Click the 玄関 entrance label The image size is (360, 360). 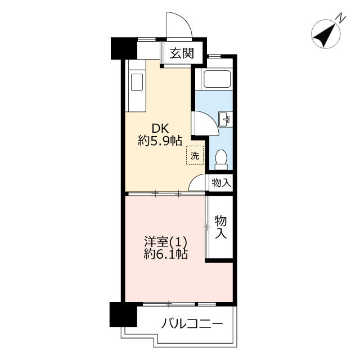(182, 53)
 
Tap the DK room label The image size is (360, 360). (160, 128)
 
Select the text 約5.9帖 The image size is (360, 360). (160, 141)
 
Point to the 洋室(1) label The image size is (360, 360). (165, 241)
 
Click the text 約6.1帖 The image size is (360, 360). (166, 254)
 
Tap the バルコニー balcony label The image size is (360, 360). (192, 324)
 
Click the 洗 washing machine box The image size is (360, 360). (195, 155)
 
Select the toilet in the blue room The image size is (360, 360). (221, 160)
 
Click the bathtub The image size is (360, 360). (217, 79)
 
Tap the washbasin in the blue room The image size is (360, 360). (224, 119)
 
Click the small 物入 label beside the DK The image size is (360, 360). (221, 183)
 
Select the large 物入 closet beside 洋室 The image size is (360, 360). (220, 227)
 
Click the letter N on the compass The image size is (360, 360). (341, 18)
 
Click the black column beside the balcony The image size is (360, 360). (123, 314)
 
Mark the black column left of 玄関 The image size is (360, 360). (124, 48)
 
